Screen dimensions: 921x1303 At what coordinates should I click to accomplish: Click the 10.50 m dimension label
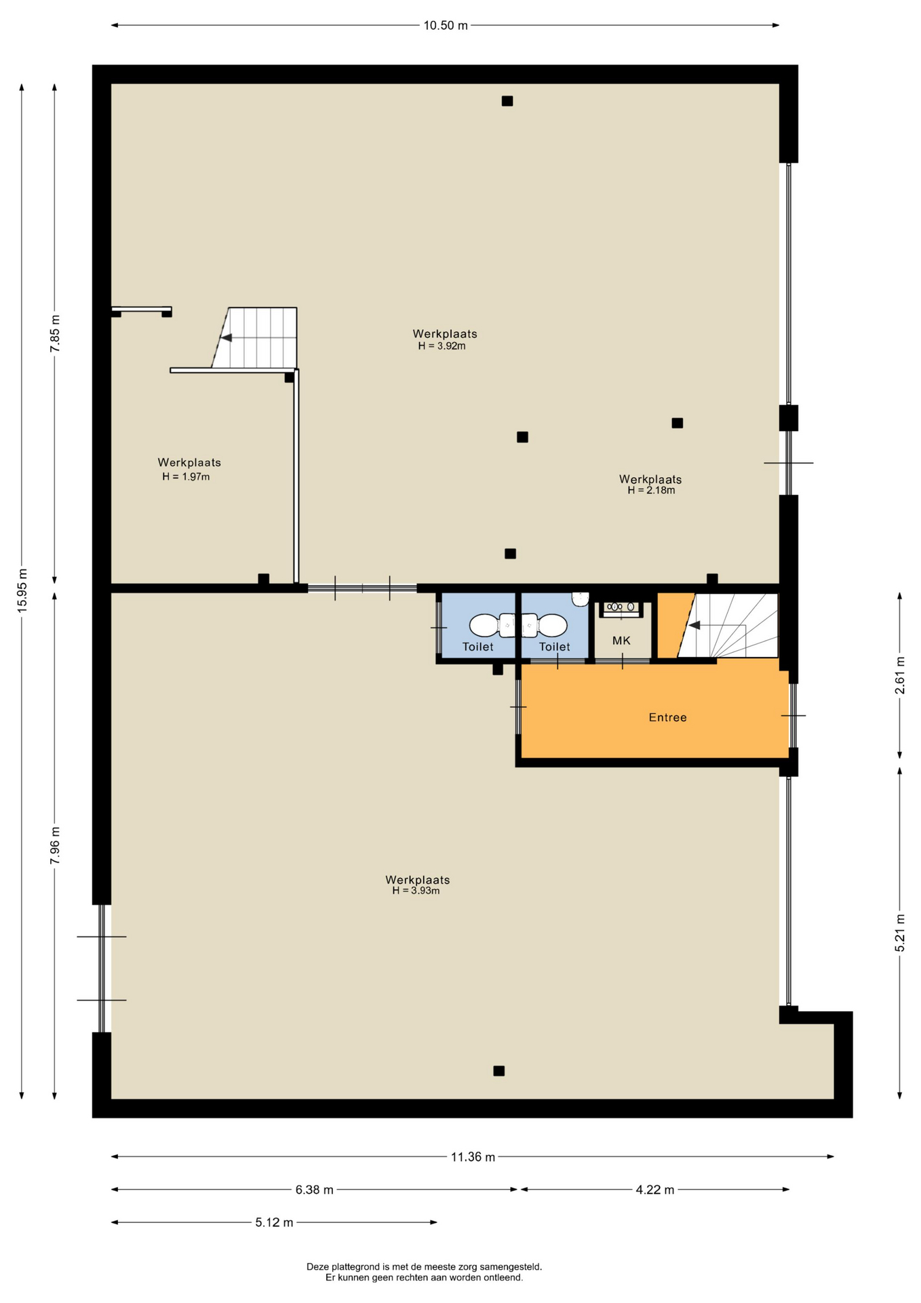click(446, 26)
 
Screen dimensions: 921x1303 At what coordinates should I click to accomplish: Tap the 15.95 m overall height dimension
click(22, 588)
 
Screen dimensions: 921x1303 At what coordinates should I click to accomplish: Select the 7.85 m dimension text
click(56, 333)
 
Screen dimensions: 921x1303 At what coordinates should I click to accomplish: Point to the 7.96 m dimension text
click(56, 845)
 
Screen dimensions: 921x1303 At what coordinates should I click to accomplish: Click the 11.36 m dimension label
click(473, 1156)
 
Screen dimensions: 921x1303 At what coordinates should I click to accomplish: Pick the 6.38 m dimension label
click(314, 1190)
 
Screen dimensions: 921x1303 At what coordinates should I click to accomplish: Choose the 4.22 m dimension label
click(655, 1190)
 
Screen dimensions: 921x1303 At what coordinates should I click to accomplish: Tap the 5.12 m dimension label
click(274, 1223)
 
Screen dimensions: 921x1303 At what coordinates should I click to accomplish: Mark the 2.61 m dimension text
click(900, 675)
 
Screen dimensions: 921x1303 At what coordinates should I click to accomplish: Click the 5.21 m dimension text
click(900, 933)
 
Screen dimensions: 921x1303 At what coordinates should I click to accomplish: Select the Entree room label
click(667, 717)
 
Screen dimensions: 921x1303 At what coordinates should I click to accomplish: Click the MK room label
click(621, 641)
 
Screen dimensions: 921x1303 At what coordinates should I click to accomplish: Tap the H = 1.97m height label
click(186, 476)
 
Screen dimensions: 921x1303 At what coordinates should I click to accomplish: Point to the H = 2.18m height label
click(651, 490)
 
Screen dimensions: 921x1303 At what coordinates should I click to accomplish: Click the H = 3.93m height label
click(416, 890)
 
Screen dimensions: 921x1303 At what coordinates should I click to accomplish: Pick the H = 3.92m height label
click(442, 345)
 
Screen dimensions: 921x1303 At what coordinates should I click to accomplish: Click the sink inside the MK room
click(621, 607)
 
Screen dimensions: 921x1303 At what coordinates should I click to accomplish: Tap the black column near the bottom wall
click(498, 1071)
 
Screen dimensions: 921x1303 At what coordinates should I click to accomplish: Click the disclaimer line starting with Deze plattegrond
click(424, 1266)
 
